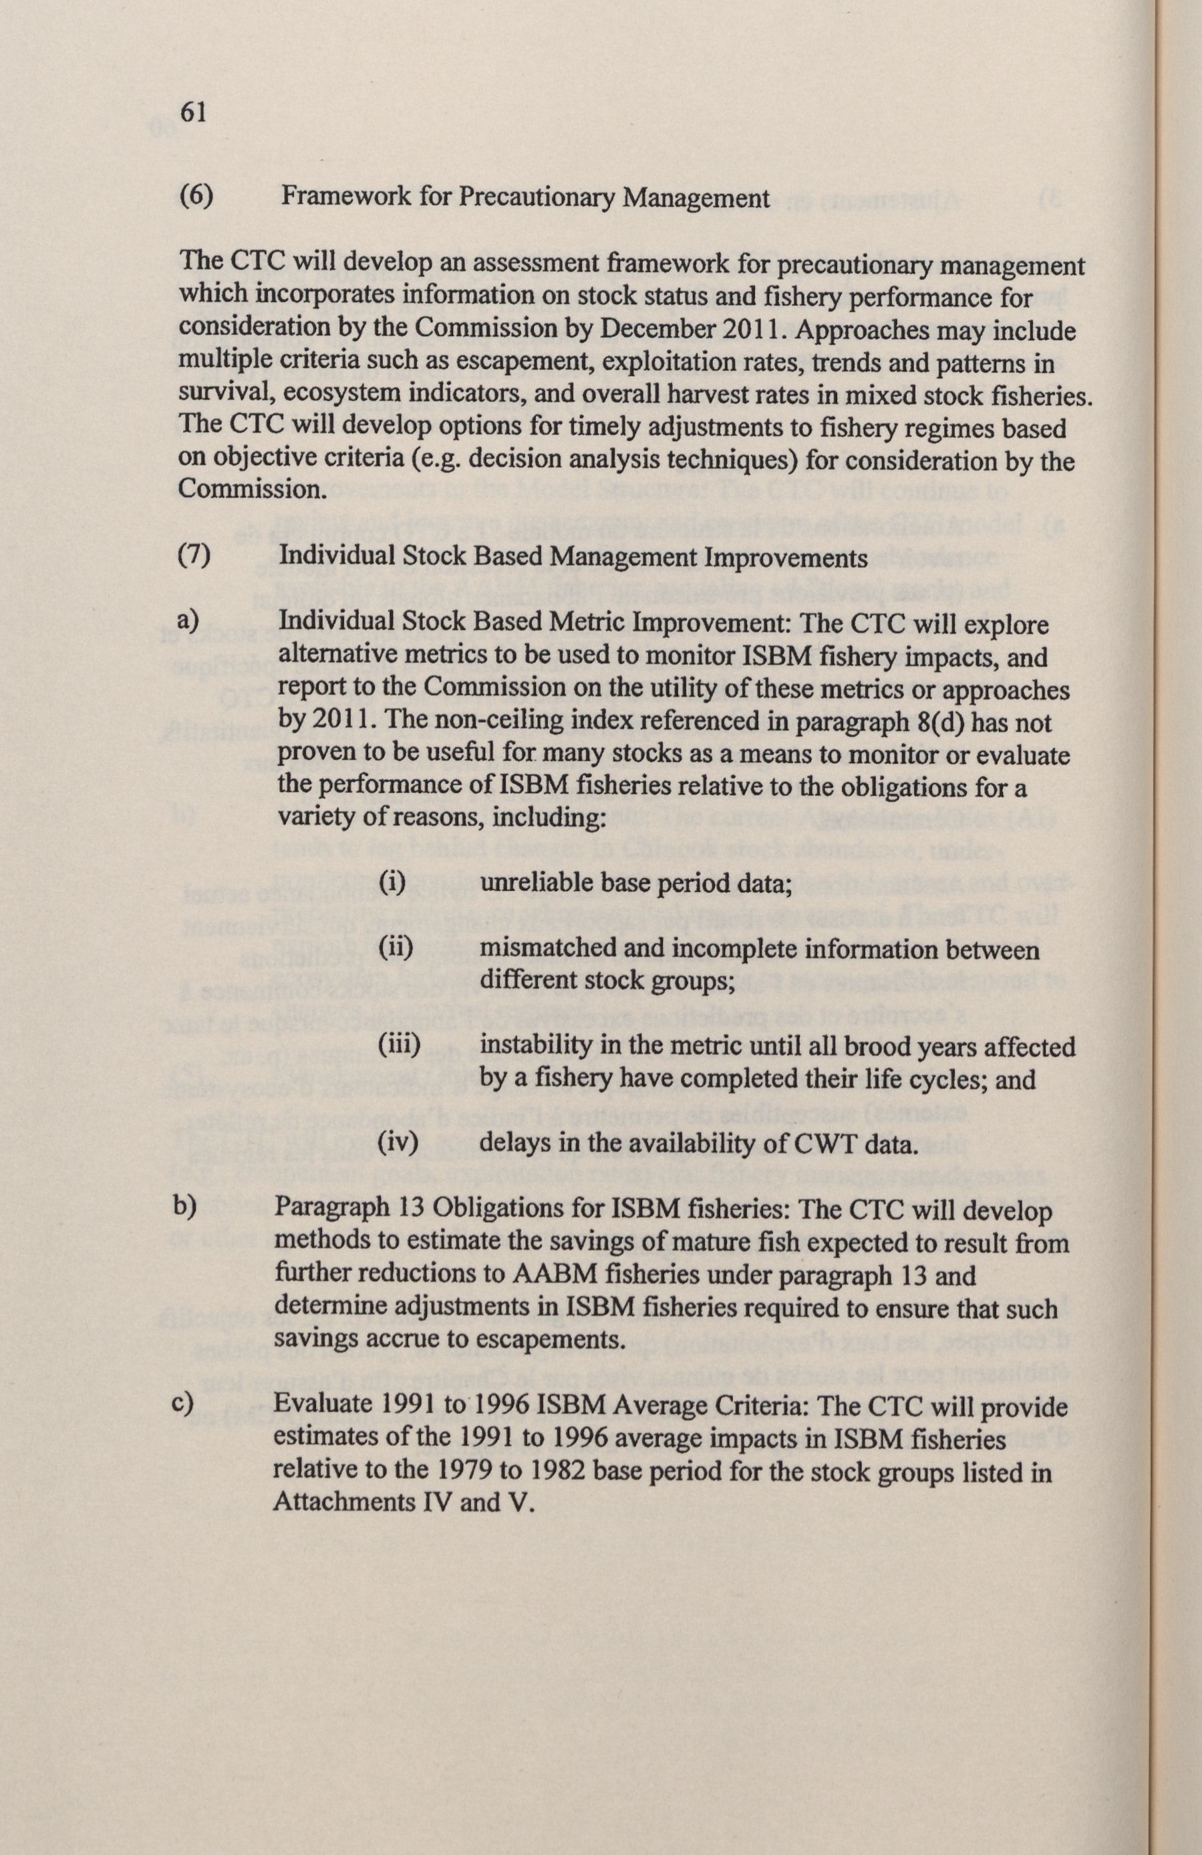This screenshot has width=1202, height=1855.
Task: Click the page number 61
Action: point(192,114)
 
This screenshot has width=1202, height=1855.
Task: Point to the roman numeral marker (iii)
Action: point(399,1046)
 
